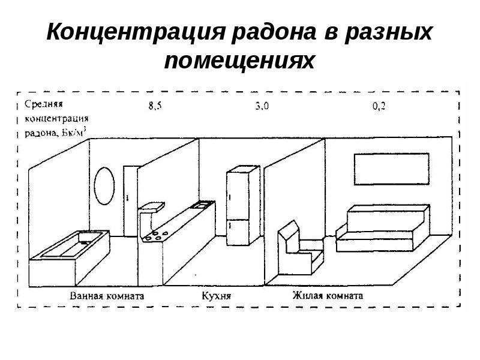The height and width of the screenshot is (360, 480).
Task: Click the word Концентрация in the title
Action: pos(136,32)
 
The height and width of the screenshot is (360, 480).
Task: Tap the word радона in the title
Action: pos(274,32)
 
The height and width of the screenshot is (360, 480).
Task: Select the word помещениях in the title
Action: pos(239,61)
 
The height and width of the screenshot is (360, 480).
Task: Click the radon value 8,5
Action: pos(155,106)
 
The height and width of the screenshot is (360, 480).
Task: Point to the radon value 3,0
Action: pos(262,106)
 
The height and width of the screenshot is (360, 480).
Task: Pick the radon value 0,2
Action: pos(379,106)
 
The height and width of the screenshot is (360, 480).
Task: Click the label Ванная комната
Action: pos(107,296)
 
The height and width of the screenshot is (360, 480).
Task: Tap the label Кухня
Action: pos(217,296)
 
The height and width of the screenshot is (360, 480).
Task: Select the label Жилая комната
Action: pos(328,295)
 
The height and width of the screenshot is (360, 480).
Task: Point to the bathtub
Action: pos(70,258)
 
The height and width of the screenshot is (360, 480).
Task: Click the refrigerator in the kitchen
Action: pos(243,206)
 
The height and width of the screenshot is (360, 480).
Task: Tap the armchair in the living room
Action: pos(301,248)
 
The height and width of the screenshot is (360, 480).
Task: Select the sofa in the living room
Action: pos(383,229)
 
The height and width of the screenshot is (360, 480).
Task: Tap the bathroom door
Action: pos(130,201)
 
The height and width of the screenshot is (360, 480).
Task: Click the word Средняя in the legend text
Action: pos(44,104)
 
